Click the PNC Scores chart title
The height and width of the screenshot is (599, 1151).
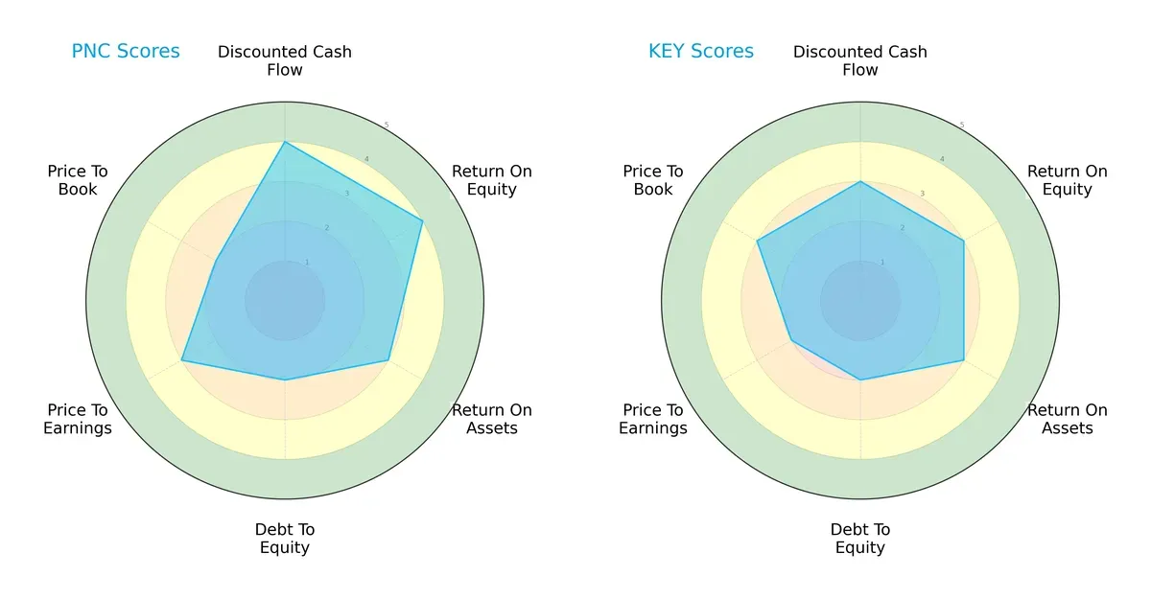[126, 52]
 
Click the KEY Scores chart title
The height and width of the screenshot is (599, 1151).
[701, 52]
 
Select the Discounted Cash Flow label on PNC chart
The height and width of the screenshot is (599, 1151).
[285, 60]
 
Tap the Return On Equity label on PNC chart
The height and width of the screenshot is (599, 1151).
[492, 180]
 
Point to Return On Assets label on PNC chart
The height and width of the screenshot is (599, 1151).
[492, 419]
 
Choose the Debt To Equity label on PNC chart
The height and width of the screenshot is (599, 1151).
[285, 539]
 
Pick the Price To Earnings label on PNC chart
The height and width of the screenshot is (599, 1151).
[78, 419]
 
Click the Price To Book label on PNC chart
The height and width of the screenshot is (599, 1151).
[78, 180]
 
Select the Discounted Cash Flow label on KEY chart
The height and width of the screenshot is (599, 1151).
[860, 60]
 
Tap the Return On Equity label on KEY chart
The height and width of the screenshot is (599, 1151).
[1068, 180]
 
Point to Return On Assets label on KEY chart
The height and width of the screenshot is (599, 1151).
[1068, 419]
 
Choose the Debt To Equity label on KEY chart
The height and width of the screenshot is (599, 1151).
[860, 539]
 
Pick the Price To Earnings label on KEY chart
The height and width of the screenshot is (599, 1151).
[653, 419]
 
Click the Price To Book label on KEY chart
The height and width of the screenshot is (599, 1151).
[653, 180]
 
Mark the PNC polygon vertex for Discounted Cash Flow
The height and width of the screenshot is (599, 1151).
[285, 142]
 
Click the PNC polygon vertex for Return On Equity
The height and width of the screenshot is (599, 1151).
[422, 221]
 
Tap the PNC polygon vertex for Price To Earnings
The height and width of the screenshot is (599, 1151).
[182, 360]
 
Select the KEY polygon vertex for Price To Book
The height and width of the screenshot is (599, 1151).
[758, 241]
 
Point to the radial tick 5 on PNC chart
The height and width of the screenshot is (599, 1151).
[387, 126]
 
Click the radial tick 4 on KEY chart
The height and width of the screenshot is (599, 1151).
[942, 159]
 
